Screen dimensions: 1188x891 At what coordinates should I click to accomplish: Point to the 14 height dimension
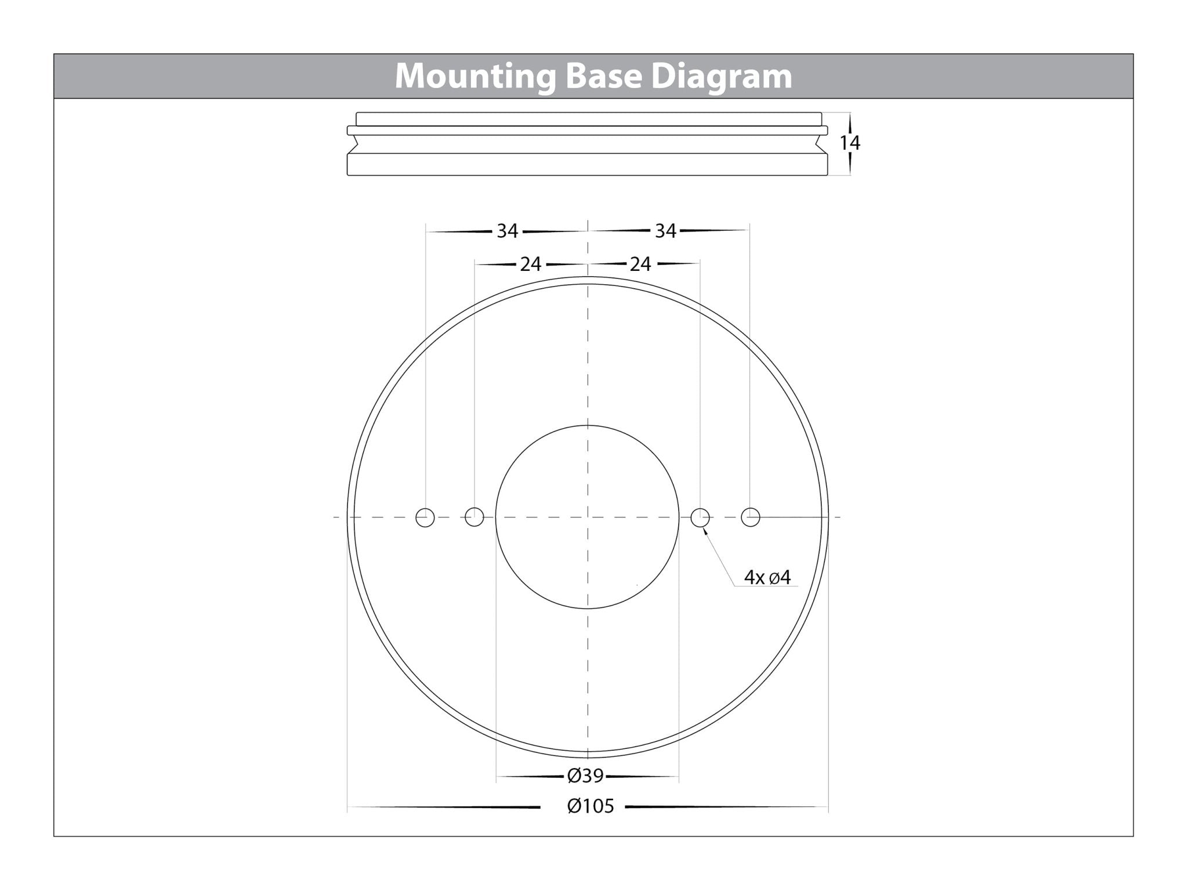pyautogui.click(x=850, y=143)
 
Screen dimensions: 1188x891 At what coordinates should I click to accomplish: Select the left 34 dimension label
pyautogui.click(x=507, y=231)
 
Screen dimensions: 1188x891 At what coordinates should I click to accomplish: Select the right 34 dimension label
pyautogui.click(x=665, y=231)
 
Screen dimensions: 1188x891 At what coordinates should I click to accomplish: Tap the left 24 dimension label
pyautogui.click(x=530, y=264)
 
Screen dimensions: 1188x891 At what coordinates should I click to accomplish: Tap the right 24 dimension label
pyautogui.click(x=640, y=264)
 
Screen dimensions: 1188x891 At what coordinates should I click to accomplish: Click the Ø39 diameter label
pyautogui.click(x=585, y=775)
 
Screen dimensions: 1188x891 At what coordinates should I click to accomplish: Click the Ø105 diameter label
pyautogui.click(x=591, y=806)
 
